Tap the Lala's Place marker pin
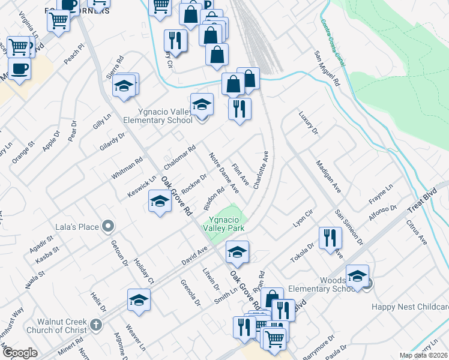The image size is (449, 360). [x=108, y=226]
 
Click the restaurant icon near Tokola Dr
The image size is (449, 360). [x=330, y=238]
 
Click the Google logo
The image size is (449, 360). [x=20, y=353]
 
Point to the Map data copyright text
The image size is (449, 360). [x=424, y=355]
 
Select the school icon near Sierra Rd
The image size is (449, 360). [x=125, y=85]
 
